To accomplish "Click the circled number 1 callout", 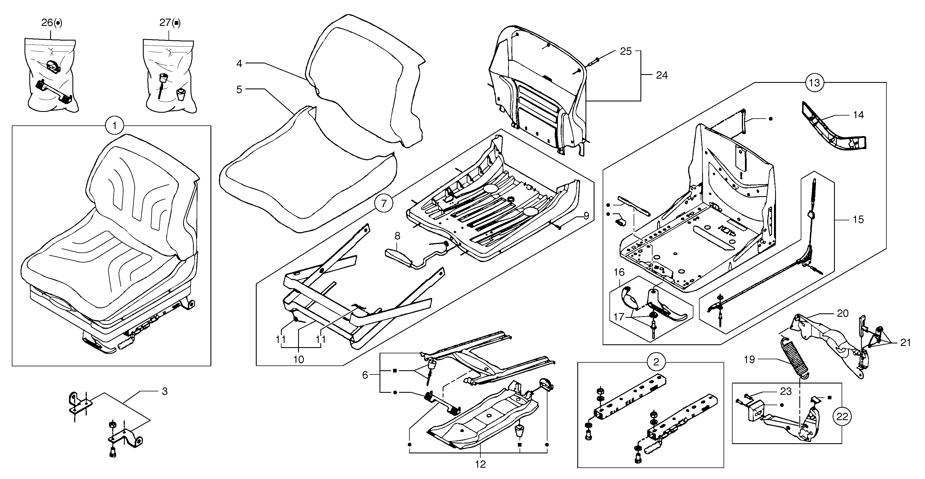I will pyautogui.click(x=115, y=126).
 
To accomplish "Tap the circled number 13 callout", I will pyautogui.click(x=814, y=83).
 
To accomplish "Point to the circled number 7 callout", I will pyautogui.click(x=384, y=204).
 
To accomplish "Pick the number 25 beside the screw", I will pyautogui.click(x=625, y=51).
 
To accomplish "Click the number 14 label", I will pyautogui.click(x=858, y=115).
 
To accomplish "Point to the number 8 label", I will pyautogui.click(x=397, y=236).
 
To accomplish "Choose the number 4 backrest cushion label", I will pyautogui.click(x=239, y=64).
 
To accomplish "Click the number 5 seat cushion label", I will pyautogui.click(x=239, y=89).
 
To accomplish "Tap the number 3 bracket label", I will pyautogui.click(x=165, y=391).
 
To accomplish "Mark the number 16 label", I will pyautogui.click(x=619, y=272).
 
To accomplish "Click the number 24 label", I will pyautogui.click(x=662, y=75).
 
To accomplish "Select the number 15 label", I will pyautogui.click(x=858, y=219).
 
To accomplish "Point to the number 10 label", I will pyautogui.click(x=299, y=359).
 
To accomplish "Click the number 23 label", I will pyautogui.click(x=786, y=391).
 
